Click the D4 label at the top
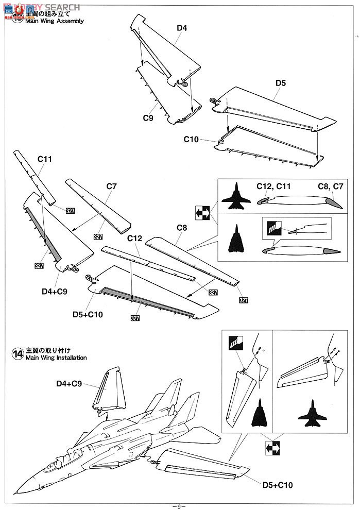(x=181, y=28)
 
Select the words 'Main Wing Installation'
(x=56, y=358)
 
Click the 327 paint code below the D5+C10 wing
(x=135, y=318)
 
